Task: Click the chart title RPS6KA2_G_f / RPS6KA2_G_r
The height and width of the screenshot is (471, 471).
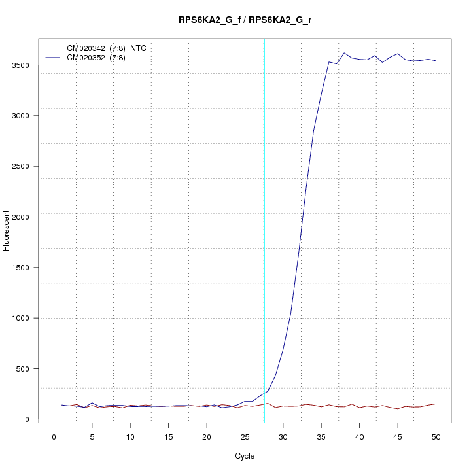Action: click(245, 20)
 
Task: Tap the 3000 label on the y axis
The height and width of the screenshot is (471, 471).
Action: click(22, 116)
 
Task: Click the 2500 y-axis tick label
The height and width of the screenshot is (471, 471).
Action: click(22, 166)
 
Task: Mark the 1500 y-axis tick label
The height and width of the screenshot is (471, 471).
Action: click(22, 268)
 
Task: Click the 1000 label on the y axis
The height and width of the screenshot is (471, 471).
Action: click(22, 318)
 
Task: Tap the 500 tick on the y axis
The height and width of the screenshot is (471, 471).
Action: click(24, 368)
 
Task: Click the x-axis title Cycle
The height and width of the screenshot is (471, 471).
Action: click(245, 455)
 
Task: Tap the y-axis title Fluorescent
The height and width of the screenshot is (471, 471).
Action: click(7, 230)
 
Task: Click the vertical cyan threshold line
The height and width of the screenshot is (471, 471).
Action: click(264, 229)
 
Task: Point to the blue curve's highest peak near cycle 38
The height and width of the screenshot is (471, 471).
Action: click(344, 53)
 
